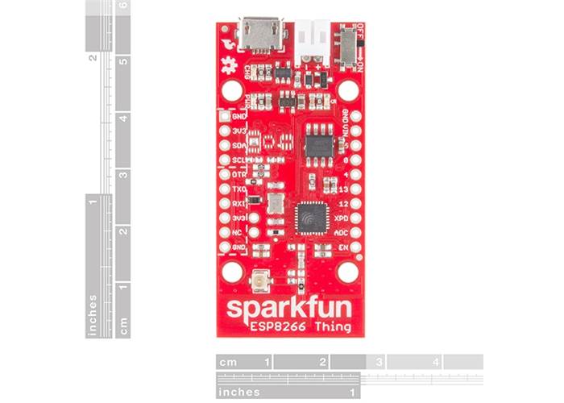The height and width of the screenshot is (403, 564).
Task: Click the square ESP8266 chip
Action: pyautogui.click(x=310, y=216)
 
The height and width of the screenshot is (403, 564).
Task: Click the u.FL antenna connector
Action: pyautogui.click(x=260, y=281)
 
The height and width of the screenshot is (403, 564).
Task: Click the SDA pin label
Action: pyautogui.click(x=238, y=145)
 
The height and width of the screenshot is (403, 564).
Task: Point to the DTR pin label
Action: pyautogui.click(x=238, y=174)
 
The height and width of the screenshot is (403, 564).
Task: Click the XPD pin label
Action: pyautogui.click(x=342, y=218)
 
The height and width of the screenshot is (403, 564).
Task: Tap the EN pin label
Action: pyautogui.click(x=342, y=246)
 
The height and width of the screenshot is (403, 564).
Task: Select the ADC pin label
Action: pyautogui.click(x=342, y=232)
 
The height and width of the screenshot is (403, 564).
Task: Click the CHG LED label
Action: pyautogui.click(x=259, y=72)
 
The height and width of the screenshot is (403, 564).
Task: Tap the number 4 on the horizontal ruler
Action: pyautogui.click(x=436, y=362)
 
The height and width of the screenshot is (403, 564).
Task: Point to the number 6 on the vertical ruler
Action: pyautogui.click(x=122, y=6)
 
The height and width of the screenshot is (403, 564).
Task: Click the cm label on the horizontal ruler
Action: pyautogui.click(x=229, y=362)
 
